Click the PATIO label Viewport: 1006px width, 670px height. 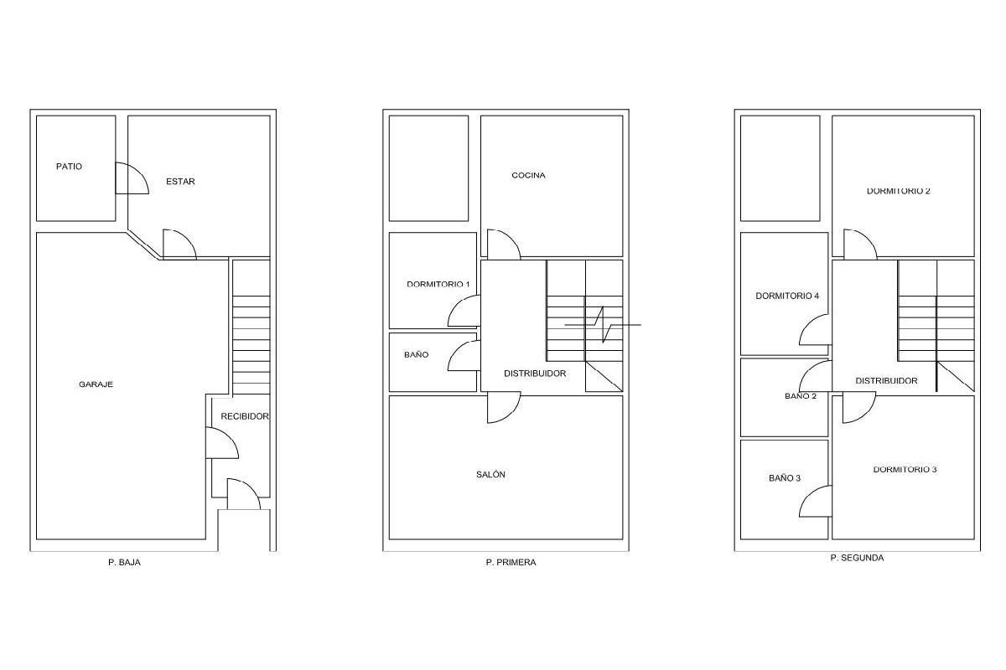pyautogui.click(x=69, y=167)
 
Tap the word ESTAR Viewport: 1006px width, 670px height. pyautogui.click(x=180, y=181)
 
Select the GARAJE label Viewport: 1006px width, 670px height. pyautogui.click(x=96, y=384)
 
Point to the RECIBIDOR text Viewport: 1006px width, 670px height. pyautogui.click(x=245, y=416)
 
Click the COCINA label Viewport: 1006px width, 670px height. pyautogui.click(x=529, y=176)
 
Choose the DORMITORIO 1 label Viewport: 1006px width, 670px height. pyautogui.click(x=438, y=284)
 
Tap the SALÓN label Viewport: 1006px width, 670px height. pyautogui.click(x=491, y=474)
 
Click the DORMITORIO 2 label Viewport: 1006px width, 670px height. pyautogui.click(x=899, y=191)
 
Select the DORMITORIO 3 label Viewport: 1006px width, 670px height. pyautogui.click(x=905, y=469)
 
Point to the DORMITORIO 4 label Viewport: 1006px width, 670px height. pyautogui.click(x=787, y=296)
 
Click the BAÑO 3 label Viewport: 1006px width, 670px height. pyautogui.click(x=785, y=478)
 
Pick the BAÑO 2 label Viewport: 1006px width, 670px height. pyautogui.click(x=801, y=396)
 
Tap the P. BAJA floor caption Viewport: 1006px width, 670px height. pyautogui.click(x=124, y=562)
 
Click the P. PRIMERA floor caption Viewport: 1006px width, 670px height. pyautogui.click(x=511, y=562)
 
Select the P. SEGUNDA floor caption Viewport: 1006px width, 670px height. pyautogui.click(x=858, y=558)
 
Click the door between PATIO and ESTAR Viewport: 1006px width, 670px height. pyautogui.click(x=132, y=178)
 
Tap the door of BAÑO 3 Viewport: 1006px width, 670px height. pyautogui.click(x=816, y=501)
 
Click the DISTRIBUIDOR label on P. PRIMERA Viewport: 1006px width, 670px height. pyautogui.click(x=535, y=374)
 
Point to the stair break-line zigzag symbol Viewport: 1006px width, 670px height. pyautogui.click(x=603, y=324)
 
